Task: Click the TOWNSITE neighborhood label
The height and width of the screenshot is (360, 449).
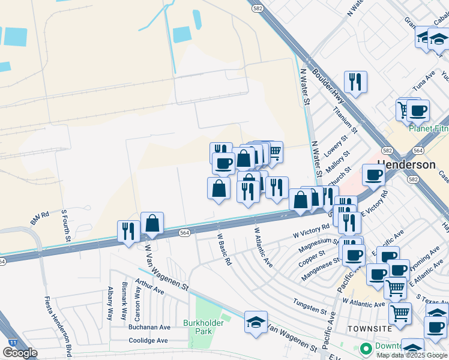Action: click(370, 329)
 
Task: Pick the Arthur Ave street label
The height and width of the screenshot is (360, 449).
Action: click(149, 286)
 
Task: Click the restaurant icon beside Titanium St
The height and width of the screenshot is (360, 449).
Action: click(355, 82)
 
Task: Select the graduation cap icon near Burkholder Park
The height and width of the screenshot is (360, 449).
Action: click(256, 322)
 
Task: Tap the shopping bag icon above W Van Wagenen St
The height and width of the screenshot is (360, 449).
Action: click(152, 223)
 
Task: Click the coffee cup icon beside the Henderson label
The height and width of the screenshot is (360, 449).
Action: click(373, 175)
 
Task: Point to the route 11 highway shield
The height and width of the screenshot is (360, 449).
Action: click(12, 341)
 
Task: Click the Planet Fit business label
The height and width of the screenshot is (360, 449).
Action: click(428, 128)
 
